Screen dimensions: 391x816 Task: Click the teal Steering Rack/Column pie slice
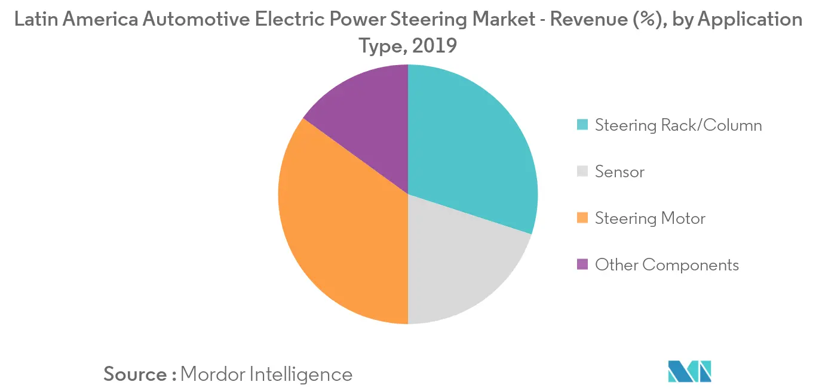coord(472,149)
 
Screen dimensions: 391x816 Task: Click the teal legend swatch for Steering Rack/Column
coord(582,125)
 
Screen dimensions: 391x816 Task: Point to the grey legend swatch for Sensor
coord(582,172)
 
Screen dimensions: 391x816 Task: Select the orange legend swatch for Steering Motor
coord(582,218)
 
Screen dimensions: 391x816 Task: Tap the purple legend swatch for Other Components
coord(582,264)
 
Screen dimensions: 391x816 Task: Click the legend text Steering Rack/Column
coord(678,125)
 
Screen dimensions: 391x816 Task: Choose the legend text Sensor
coord(619,172)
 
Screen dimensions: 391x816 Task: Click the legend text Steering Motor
coord(650,218)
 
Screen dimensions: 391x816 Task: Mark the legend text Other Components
coord(667,264)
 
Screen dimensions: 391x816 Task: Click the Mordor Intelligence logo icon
coord(690,371)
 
